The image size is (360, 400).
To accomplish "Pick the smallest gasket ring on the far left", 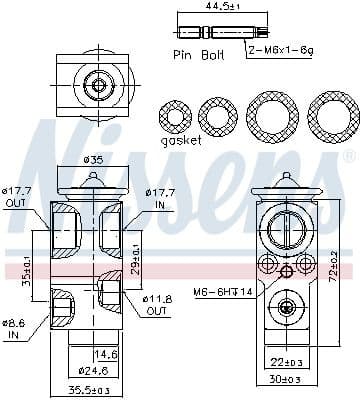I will (x=178, y=116).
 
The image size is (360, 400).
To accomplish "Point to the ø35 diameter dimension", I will (x=93, y=160).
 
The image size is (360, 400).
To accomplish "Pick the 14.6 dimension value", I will (x=106, y=354).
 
